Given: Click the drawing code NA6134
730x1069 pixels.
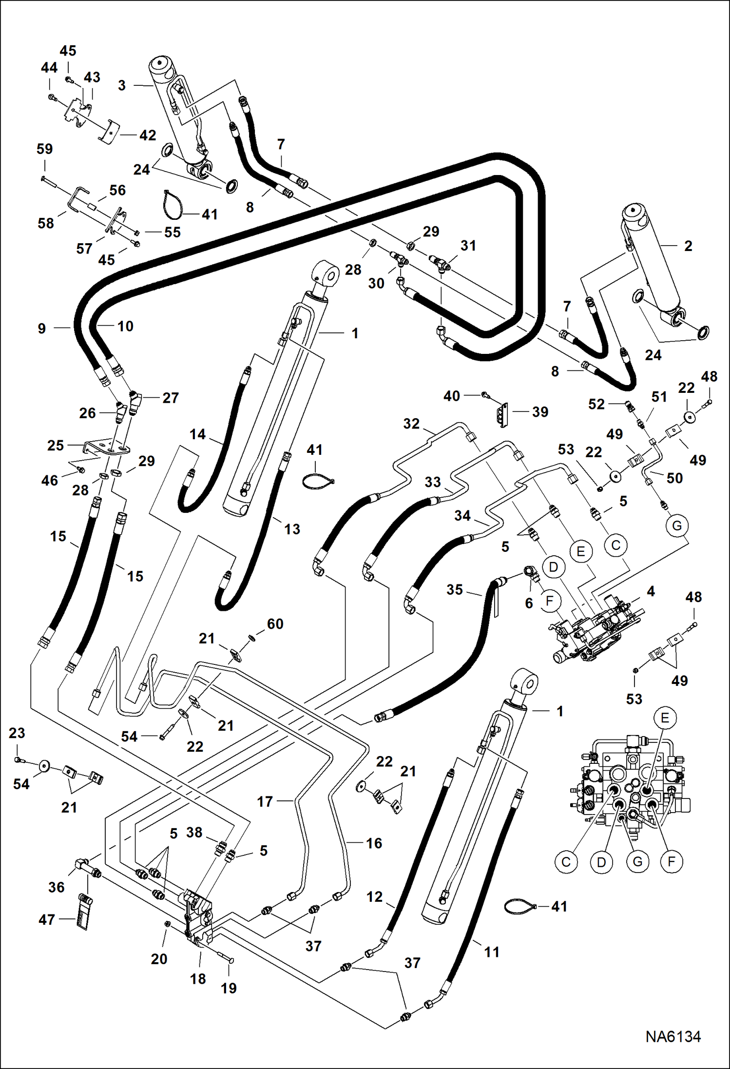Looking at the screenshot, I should click(x=673, y=1036).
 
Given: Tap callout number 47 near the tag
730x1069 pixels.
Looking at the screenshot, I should click(x=47, y=919).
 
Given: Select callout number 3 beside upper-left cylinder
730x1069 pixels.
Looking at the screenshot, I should click(x=122, y=86).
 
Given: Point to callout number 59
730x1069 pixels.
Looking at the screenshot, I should click(x=44, y=149).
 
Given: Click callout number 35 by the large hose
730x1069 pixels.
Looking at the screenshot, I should click(x=454, y=589).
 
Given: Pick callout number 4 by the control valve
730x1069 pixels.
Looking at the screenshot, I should click(x=651, y=591).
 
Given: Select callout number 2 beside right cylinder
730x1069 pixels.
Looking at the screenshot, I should click(x=688, y=246).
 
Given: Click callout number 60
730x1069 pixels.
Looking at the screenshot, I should click(x=275, y=624).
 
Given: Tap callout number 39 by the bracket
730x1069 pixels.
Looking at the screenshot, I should click(x=540, y=412).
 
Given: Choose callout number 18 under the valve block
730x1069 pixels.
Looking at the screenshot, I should click(x=198, y=979).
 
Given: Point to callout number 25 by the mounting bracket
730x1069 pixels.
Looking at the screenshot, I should click(x=56, y=445).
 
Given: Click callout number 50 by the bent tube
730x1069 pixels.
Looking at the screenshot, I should click(x=674, y=478).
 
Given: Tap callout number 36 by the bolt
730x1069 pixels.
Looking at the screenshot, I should click(x=57, y=887).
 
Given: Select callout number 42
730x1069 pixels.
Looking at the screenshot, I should click(x=148, y=135).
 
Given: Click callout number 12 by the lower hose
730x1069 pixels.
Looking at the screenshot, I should click(x=374, y=897).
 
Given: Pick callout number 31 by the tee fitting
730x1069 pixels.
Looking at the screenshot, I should click(x=468, y=245).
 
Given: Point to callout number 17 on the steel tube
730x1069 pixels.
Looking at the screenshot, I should click(x=265, y=801).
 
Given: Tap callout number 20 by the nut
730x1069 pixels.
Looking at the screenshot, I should click(x=159, y=959).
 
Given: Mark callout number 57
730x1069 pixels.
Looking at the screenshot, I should click(x=84, y=249).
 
